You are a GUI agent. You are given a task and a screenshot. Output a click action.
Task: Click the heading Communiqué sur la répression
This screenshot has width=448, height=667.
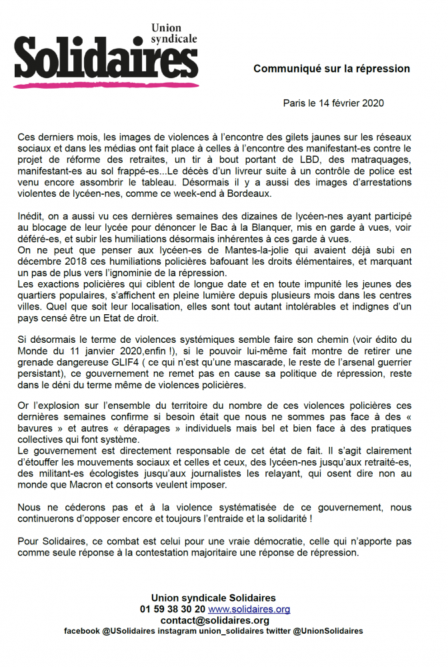click(331, 69)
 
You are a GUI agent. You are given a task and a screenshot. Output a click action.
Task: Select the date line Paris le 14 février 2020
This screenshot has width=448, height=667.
click(333, 103)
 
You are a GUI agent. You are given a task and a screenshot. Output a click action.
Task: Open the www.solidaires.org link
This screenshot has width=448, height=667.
click(249, 610)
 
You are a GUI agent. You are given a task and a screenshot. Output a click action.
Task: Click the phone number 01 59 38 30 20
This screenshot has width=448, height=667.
click(173, 610)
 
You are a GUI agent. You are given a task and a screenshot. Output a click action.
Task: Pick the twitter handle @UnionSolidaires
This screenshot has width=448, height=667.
click(328, 631)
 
